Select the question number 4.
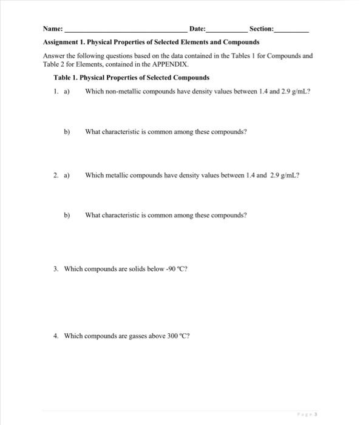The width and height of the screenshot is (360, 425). tap(55, 335)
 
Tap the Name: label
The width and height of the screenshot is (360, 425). tap(53, 30)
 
